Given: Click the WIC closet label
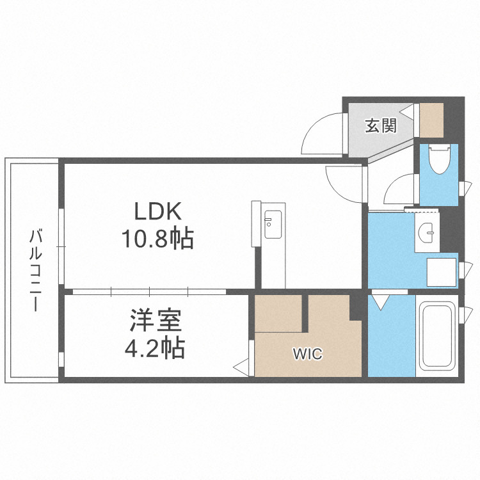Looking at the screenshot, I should coord(308,354).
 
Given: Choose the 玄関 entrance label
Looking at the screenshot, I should coord(381,125).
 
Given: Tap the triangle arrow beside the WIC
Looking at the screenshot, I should coord(242,367).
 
